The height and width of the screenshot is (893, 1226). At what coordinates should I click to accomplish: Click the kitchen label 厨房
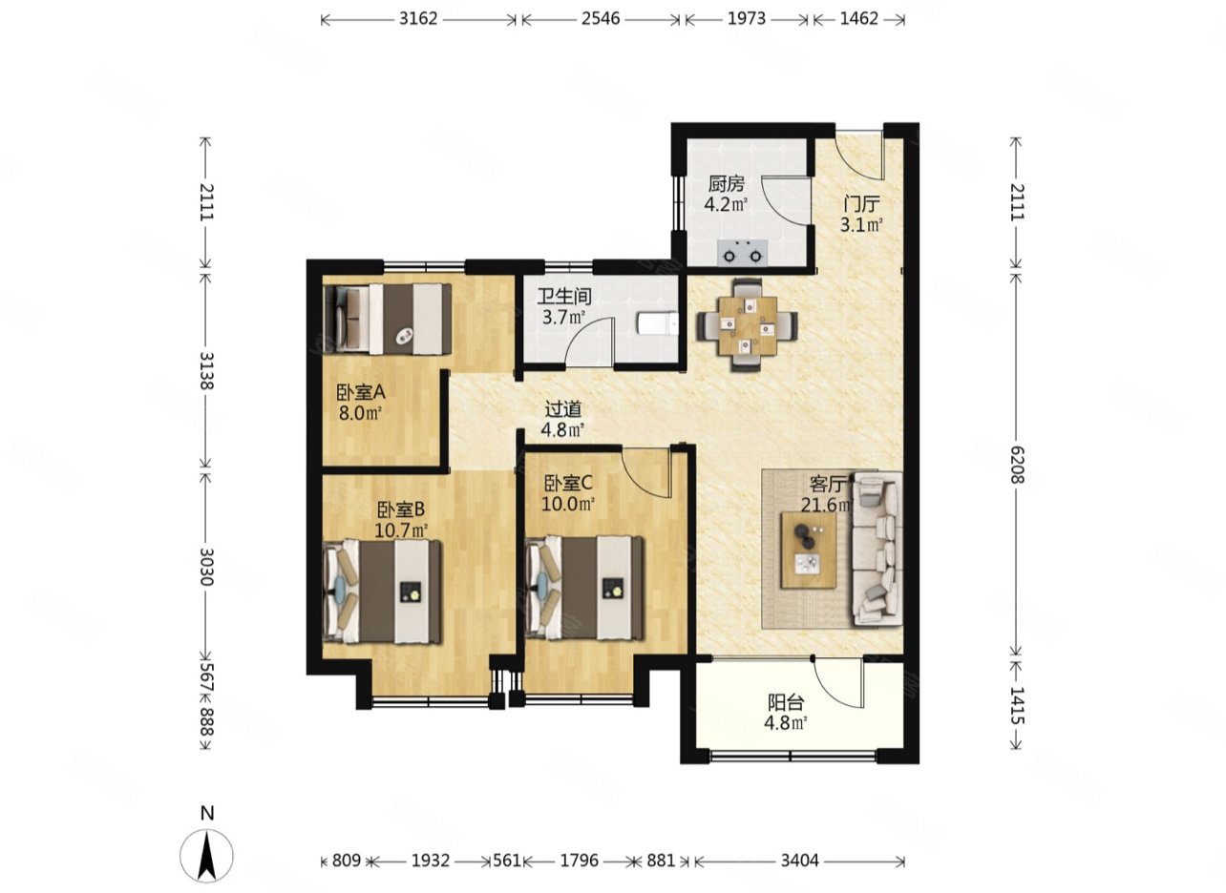(x=727, y=184)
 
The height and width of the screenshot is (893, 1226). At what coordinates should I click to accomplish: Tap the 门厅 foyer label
(x=861, y=204)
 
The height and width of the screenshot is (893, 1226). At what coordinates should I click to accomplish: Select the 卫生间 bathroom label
(x=564, y=297)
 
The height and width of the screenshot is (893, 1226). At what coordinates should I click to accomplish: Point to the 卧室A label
(x=361, y=392)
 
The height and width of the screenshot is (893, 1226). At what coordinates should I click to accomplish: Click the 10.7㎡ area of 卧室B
(x=401, y=530)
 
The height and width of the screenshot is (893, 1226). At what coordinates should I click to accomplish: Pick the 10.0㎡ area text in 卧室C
(x=568, y=504)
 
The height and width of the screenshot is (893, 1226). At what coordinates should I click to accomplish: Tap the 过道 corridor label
(x=563, y=409)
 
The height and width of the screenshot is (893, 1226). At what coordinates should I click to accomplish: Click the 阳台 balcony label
(x=786, y=702)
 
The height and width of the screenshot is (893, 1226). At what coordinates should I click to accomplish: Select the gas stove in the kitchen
(x=743, y=253)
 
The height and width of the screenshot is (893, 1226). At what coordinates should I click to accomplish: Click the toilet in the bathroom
(x=659, y=323)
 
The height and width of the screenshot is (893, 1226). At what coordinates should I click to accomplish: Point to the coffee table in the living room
(x=809, y=550)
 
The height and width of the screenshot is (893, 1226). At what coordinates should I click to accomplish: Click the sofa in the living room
(x=877, y=548)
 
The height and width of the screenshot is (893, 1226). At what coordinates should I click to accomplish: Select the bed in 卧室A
(x=388, y=319)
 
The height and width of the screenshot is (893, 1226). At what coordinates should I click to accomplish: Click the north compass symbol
(x=206, y=855)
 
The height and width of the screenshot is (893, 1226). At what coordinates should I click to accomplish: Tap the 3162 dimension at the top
(x=418, y=19)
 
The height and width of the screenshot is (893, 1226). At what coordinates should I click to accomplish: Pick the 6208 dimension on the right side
(x=1016, y=465)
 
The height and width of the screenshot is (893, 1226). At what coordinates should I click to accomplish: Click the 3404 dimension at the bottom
(x=799, y=861)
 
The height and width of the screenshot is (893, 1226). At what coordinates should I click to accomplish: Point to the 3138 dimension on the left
(x=206, y=370)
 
